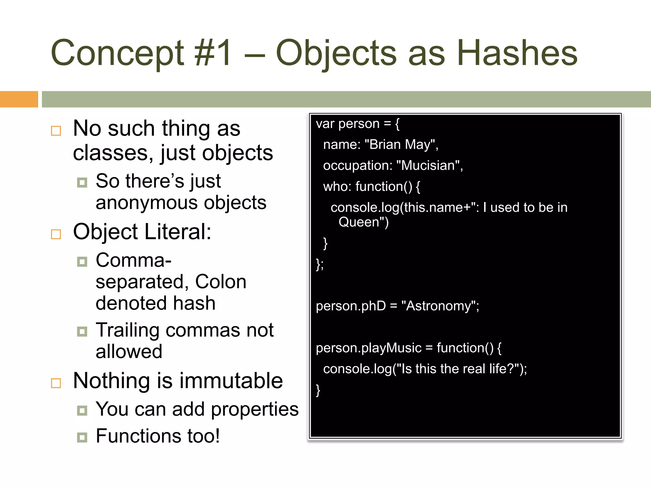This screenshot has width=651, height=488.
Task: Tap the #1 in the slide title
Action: click(213, 53)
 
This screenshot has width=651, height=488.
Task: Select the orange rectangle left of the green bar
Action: click(19, 99)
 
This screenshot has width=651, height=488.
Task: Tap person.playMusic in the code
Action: click(368, 348)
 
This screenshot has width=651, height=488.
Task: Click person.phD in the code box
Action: click(351, 306)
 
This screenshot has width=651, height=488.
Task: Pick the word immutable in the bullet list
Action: click(232, 381)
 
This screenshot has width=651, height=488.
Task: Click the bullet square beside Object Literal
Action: click(56, 234)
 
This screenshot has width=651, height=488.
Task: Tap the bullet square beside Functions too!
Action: click(82, 437)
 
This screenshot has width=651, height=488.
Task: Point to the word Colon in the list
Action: click(221, 282)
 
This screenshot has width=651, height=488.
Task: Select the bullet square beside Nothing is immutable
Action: click(56, 383)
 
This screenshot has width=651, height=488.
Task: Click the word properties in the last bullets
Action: click(255, 409)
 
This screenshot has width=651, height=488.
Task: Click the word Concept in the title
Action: click(117, 53)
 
